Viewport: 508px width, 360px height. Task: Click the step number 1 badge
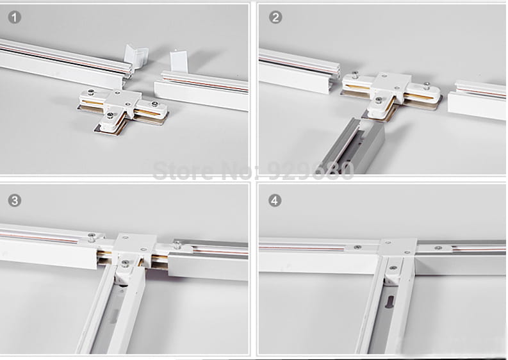coord(15,17)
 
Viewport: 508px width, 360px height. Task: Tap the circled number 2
coord(275,17)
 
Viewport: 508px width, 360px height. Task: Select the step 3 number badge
coord(15,200)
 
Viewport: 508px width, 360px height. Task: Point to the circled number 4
coord(275,200)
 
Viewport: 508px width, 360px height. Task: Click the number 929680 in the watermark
coord(311,171)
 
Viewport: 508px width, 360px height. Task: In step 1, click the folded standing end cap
coord(136,55)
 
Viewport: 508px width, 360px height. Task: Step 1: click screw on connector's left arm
coord(90,92)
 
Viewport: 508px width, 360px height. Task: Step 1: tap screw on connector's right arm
coord(153,104)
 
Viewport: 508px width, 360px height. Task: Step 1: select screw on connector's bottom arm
coord(110,115)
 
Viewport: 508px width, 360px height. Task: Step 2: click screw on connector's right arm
coord(427,86)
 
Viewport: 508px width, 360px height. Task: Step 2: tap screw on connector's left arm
coord(356,75)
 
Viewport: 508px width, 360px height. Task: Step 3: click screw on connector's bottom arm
coord(125,263)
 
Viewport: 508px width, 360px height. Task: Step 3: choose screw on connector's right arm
coord(177,245)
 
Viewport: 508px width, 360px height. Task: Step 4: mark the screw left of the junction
coord(357,247)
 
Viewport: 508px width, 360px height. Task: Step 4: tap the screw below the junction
coord(393,268)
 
